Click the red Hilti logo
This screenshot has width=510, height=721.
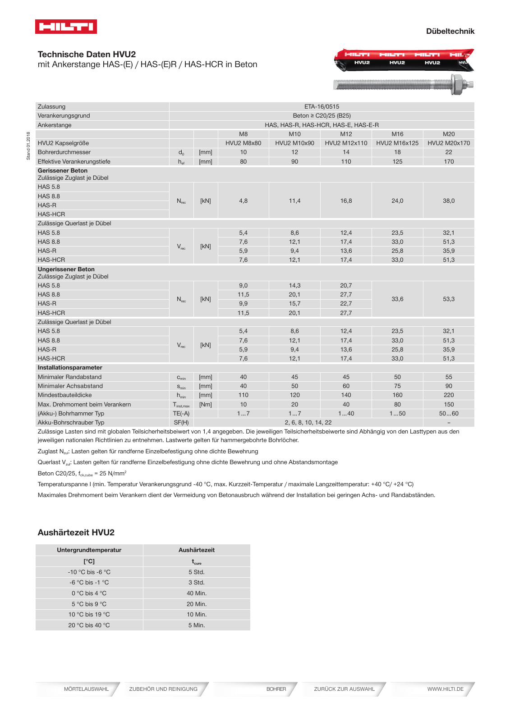coord(66,27)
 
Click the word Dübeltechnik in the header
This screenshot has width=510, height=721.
coord(450,31)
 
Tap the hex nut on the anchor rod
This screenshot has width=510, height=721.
coord(459,84)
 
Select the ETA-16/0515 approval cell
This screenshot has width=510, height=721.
coord(322,107)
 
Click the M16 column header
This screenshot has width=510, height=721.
coord(397,134)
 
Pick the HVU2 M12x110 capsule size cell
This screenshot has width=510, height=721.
coord(346,143)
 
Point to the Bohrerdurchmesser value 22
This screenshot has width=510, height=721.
coord(449,152)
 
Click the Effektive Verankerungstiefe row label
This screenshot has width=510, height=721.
coord(74,162)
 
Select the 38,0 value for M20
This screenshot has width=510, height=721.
coord(449,201)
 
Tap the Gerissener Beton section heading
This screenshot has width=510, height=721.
coord(63,171)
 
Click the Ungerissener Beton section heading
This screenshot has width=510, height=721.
coord(66,269)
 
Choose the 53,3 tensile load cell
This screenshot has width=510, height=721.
coord(449,299)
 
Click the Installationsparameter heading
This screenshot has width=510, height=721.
coord(70,368)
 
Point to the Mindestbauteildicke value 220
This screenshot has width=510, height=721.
coord(449,395)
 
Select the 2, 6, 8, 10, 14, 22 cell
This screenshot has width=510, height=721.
coord(308,423)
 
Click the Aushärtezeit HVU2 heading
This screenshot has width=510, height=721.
coord(76,533)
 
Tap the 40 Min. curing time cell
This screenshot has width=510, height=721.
coord(197,593)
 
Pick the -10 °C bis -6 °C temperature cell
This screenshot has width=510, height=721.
coord(89,572)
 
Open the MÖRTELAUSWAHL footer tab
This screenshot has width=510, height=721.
coord(86,689)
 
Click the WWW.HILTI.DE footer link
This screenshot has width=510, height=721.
coord(445,689)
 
